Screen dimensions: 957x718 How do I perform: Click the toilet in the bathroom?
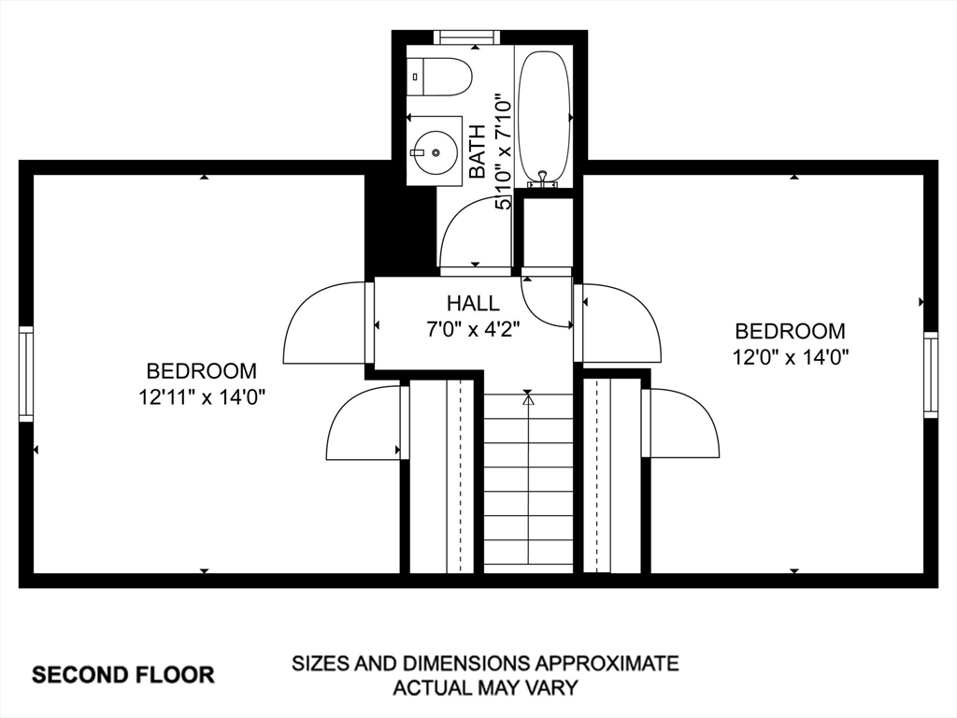[x=440, y=77]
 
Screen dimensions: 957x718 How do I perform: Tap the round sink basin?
[x=435, y=151]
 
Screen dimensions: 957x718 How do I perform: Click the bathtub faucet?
[x=543, y=179]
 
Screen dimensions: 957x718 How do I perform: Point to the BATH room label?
[x=477, y=151]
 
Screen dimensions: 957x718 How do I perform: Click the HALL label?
[x=473, y=303]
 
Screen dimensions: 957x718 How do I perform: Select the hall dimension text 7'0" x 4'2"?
[x=473, y=330]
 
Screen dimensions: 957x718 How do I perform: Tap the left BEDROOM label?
[x=202, y=370]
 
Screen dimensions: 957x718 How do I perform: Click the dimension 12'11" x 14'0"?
[x=202, y=397]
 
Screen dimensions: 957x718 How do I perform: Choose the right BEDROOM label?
[x=791, y=331]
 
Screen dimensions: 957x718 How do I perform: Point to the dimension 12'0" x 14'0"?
[x=791, y=356]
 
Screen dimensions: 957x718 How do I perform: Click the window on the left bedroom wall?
[x=25, y=374]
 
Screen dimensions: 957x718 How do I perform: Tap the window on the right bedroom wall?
[x=930, y=375]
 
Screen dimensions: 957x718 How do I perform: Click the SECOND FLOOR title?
[x=123, y=675]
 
